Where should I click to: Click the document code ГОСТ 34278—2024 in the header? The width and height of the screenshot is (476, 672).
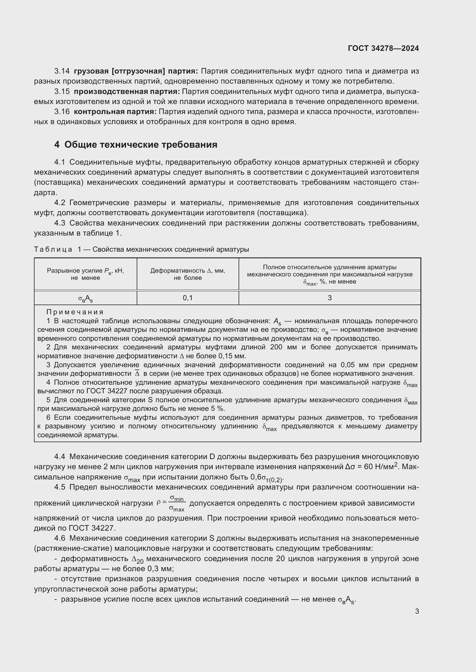point(383,48)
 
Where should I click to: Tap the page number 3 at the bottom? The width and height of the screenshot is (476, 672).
point(417,611)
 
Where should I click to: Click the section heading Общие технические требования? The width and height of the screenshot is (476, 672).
point(141,145)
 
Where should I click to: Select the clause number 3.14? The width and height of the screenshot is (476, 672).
point(62,71)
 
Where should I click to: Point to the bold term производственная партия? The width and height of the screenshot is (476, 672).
point(127,92)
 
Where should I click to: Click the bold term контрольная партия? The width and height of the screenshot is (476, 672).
point(115,112)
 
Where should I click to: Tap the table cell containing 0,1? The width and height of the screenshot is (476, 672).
point(188,298)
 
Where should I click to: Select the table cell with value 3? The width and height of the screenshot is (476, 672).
point(330,298)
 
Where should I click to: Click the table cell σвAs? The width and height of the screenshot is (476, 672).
point(85,299)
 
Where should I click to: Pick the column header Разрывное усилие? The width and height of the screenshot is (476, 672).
point(85,274)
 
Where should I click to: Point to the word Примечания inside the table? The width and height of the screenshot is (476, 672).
point(75,312)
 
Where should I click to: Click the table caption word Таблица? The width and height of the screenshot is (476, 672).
point(53,249)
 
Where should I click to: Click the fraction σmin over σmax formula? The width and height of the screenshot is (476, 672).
point(177,503)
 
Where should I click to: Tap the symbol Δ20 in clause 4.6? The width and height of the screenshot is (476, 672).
point(138,559)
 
